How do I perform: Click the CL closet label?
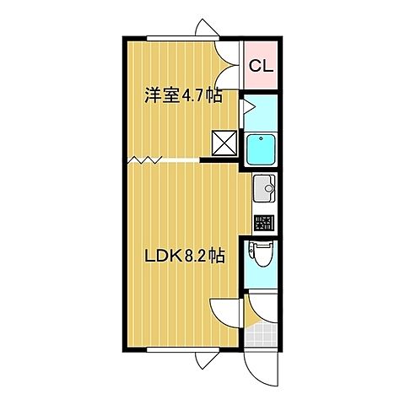pos(260,65)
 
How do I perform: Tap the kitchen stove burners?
pos(263,223)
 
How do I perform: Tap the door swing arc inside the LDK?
pos(226,316)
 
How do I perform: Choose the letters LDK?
pos(161,254)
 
